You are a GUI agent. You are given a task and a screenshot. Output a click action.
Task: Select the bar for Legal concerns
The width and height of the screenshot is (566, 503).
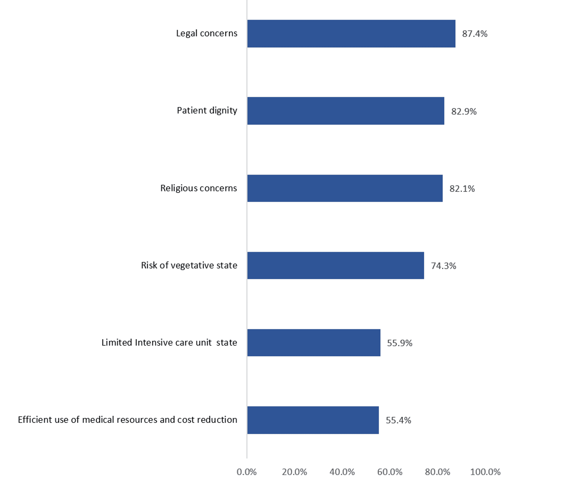tap(351, 34)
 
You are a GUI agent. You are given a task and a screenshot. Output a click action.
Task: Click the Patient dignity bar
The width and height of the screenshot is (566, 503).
tap(346, 111)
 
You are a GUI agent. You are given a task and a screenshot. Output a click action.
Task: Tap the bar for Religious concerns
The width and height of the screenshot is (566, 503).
tap(345, 188)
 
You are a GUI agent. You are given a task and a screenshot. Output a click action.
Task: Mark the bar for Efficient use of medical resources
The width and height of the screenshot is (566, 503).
tap(313, 420)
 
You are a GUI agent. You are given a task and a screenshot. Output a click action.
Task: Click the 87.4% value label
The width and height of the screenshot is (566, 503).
tap(475, 34)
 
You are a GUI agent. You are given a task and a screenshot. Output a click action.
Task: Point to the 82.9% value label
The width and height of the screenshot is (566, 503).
tap(464, 111)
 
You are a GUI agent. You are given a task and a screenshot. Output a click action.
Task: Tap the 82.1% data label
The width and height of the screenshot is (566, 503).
tap(462, 189)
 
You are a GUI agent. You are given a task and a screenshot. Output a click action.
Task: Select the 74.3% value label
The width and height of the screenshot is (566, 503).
tap(443, 266)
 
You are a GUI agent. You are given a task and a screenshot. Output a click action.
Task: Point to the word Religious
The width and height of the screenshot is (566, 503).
tap(179, 188)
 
